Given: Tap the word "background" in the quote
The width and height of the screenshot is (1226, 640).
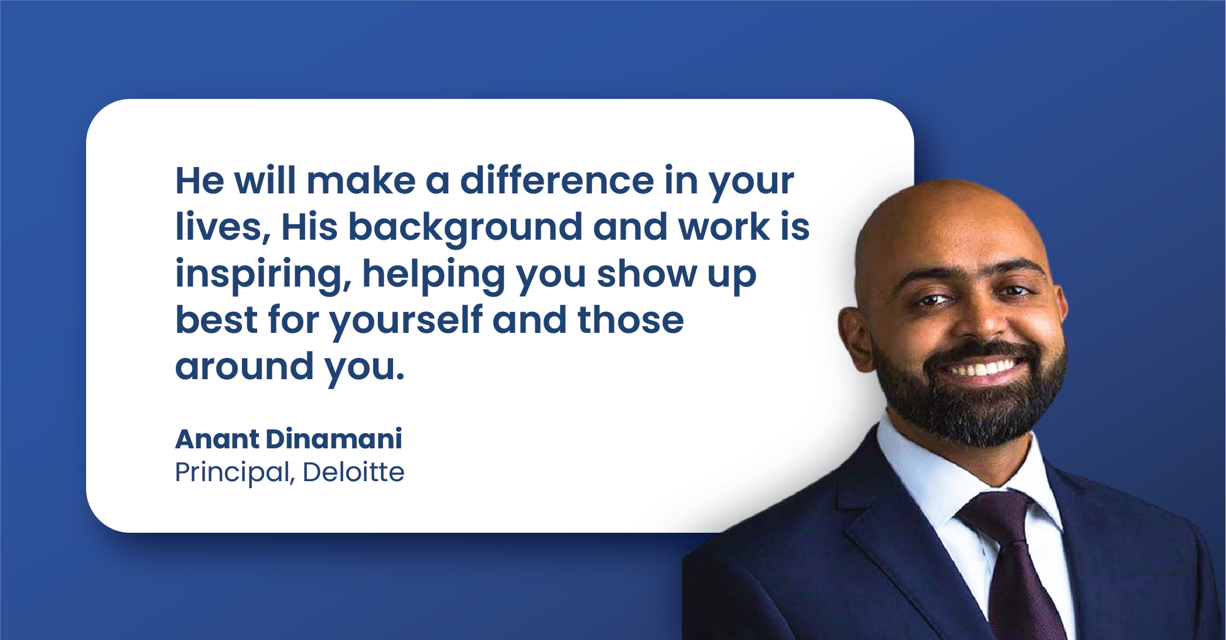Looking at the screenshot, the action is [466, 228].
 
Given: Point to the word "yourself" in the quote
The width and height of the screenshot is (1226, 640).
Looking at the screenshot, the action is [406, 321].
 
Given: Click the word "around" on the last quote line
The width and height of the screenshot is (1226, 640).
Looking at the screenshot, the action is [244, 367].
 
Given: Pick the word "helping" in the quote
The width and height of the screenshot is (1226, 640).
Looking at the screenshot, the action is [433, 275].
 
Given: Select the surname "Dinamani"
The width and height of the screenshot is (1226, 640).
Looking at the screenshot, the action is [334, 439].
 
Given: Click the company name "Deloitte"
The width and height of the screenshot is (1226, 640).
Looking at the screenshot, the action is [354, 472].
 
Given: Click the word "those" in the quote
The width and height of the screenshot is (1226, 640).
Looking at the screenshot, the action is [631, 320].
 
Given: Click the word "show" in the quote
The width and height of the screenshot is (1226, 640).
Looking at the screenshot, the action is [647, 274].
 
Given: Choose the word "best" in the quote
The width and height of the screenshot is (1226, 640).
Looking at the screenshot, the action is [217, 320].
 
